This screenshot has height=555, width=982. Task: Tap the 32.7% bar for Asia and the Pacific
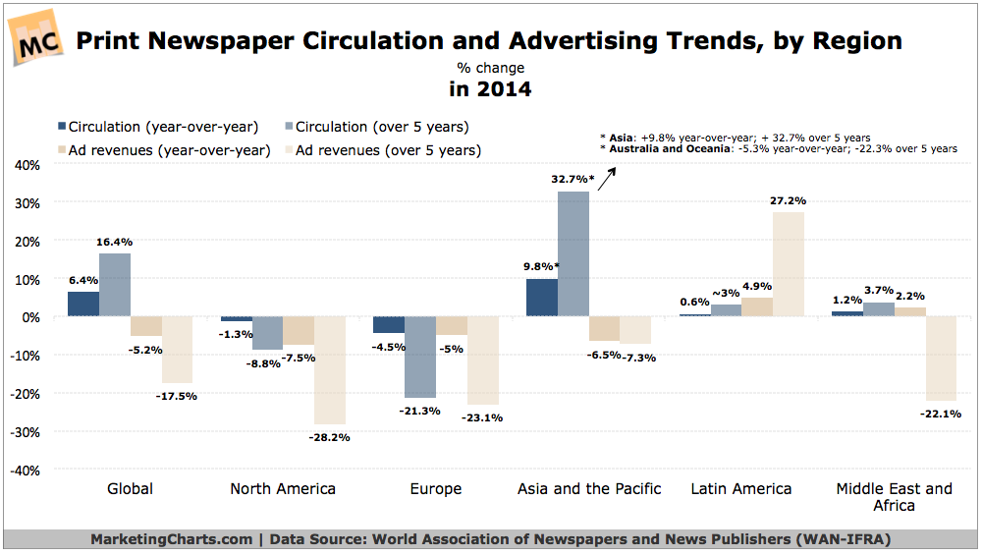coord(573,253)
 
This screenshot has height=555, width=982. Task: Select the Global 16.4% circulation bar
coord(115,285)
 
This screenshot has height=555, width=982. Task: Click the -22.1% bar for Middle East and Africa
coord(941,359)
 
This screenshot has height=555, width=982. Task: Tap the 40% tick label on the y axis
coord(27,165)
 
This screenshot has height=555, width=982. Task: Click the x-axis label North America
coord(283,488)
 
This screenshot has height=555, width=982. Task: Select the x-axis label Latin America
coord(741,488)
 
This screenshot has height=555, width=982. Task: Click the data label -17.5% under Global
coord(177,396)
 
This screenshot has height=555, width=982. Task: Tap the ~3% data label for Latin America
coord(725,294)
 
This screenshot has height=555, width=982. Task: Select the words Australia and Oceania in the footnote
coord(662,148)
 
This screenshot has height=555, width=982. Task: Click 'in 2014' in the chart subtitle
coord(490,89)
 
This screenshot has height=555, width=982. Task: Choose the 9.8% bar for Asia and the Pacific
coord(542,298)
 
